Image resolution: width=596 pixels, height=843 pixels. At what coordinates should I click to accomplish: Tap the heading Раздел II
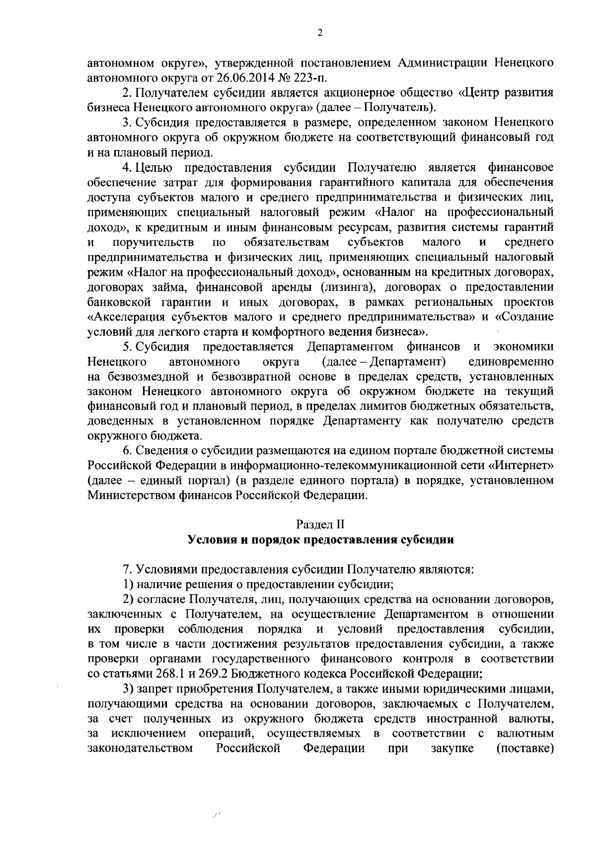pyautogui.click(x=320, y=524)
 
